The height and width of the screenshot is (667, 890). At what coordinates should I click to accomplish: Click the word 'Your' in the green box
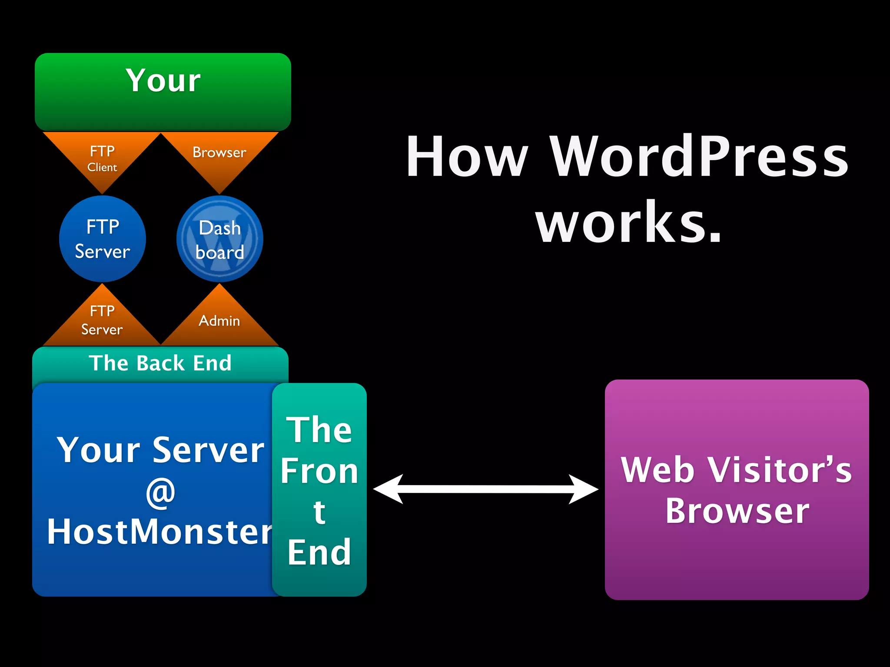pos(163,81)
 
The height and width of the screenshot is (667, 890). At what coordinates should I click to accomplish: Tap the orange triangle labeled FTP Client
pos(102,159)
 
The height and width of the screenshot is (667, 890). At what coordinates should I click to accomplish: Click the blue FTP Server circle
pos(103,239)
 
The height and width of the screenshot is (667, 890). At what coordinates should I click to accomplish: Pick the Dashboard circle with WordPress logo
pos(219,239)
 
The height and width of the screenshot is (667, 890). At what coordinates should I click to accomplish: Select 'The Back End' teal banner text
pos(160,363)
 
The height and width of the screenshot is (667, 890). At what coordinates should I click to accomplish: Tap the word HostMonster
pos(159,532)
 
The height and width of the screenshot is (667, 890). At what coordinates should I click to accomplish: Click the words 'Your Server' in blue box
pos(160,451)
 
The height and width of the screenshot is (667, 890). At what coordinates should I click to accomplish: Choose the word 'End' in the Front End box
pos(319,552)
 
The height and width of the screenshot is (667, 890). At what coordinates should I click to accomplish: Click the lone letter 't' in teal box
pos(319,512)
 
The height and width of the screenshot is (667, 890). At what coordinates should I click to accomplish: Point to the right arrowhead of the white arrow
pos(584,489)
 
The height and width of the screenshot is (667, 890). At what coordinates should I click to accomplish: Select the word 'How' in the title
pos(467,157)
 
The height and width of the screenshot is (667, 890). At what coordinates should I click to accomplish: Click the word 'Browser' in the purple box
pos(737,511)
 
